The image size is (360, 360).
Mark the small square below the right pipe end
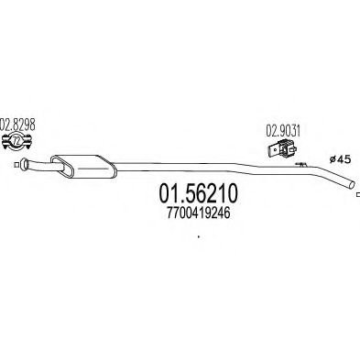click(x=355, y=193)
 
